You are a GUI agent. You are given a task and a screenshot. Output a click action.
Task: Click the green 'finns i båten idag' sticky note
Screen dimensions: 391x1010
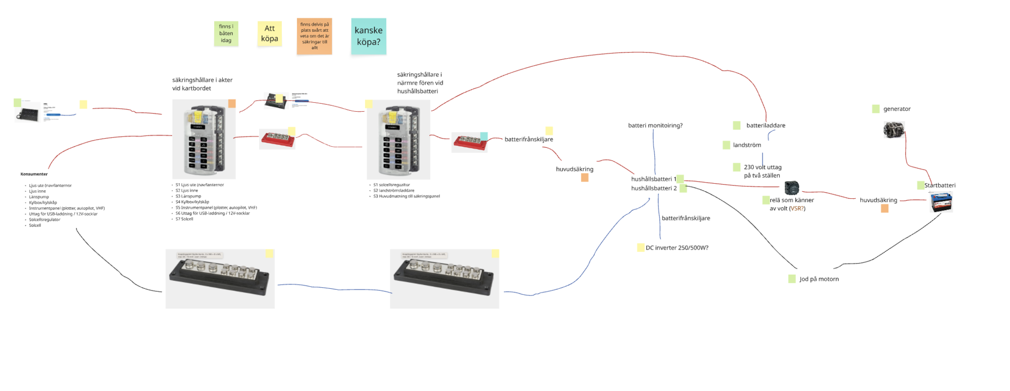point(226,33)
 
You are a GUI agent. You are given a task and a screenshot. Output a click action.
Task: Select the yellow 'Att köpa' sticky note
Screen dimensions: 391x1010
point(269,33)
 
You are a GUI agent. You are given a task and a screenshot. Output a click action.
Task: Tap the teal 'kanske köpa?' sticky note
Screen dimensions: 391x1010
point(369,36)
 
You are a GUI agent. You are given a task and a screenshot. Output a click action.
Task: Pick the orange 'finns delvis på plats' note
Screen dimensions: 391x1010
point(314,36)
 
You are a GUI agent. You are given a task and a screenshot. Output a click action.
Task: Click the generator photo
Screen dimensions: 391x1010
point(893,130)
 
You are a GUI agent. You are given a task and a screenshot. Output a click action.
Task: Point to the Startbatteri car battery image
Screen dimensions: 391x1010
point(941,202)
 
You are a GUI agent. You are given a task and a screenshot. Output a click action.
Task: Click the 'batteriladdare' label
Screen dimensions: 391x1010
point(766,125)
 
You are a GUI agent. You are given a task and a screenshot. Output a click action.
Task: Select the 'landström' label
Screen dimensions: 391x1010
point(747,145)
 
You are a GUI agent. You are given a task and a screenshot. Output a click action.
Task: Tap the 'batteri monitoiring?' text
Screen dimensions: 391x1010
point(655,125)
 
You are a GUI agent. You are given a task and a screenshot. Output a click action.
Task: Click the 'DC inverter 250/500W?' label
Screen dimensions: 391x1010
point(677,248)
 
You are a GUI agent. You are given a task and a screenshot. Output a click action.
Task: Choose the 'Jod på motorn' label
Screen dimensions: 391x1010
point(819,279)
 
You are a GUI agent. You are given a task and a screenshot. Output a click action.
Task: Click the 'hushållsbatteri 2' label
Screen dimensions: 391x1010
point(653,188)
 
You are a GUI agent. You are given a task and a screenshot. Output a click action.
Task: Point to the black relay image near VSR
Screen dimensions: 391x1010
point(791,188)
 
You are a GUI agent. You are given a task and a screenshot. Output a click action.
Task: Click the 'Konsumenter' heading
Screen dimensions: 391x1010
point(34,174)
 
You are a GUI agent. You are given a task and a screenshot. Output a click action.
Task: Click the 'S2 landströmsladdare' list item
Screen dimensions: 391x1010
point(393,191)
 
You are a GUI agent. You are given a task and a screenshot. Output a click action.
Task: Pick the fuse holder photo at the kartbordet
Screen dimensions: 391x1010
point(204,139)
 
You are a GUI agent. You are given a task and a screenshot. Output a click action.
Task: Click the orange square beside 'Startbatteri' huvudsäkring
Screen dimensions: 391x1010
point(884,208)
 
